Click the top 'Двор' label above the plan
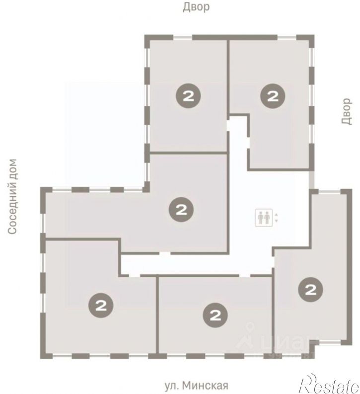pyautogui.click(x=196, y=7)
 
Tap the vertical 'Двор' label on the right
pyautogui.click(x=347, y=111)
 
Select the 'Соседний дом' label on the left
pyautogui.click(x=12, y=196)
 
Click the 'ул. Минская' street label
pyautogui.click(x=197, y=385)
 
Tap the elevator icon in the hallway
pyautogui.click(x=264, y=218)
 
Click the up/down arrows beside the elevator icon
pyautogui.click(x=277, y=218)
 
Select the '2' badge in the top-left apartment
pyautogui.click(x=188, y=96)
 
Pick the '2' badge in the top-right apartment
pyautogui.click(x=273, y=96)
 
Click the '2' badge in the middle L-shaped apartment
pyautogui.click(x=181, y=210)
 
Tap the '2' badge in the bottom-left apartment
pyautogui.click(x=101, y=305)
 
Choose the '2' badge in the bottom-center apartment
pyautogui.click(x=215, y=315)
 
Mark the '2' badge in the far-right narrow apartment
pyautogui.click(x=310, y=290)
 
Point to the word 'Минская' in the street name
pyautogui.click(x=205, y=385)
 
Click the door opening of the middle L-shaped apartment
pyautogui.click(x=165, y=253)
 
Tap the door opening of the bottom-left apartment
pyautogui.click(x=134, y=276)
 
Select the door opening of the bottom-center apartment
pyautogui.click(x=244, y=276)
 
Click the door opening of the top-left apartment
pyautogui.click(x=228, y=126)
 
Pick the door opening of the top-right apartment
pyautogui.click(x=248, y=143)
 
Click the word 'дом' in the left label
pyautogui.click(x=12, y=169)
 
